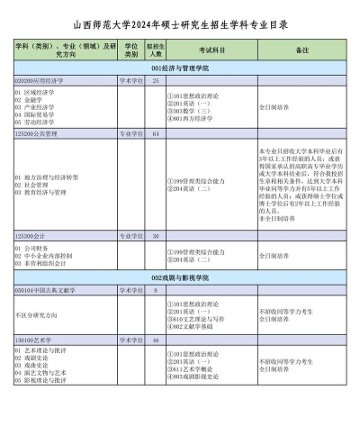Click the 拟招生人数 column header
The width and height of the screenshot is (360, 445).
156,50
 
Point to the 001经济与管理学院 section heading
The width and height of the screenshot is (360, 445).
180,68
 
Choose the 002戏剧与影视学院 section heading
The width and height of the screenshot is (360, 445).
180,278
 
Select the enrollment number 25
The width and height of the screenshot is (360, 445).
156,80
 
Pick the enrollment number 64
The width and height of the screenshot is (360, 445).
156,132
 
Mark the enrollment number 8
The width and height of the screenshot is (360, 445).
156,290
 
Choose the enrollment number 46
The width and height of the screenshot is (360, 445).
156,341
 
